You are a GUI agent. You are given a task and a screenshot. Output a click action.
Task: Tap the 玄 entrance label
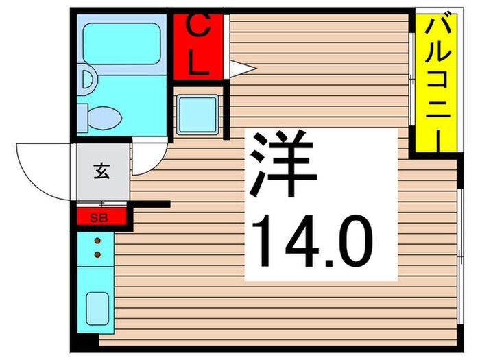(x=101, y=171)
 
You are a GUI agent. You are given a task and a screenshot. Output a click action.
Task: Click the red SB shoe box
(x=102, y=217)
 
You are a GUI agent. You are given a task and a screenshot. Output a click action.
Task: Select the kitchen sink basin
(x=97, y=306)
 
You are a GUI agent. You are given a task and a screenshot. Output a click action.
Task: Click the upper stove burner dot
(x=97, y=241)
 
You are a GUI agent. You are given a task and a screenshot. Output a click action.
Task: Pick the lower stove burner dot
(x=97, y=254)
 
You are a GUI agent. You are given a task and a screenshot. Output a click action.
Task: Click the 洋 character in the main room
(x=283, y=165)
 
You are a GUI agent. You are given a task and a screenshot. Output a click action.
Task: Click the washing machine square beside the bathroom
(x=197, y=113)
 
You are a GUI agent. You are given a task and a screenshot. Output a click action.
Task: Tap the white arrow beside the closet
(x=241, y=69)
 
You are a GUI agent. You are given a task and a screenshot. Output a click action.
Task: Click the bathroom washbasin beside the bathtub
(x=86, y=77)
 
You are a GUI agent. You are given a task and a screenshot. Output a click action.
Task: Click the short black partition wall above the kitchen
(x=152, y=204)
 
